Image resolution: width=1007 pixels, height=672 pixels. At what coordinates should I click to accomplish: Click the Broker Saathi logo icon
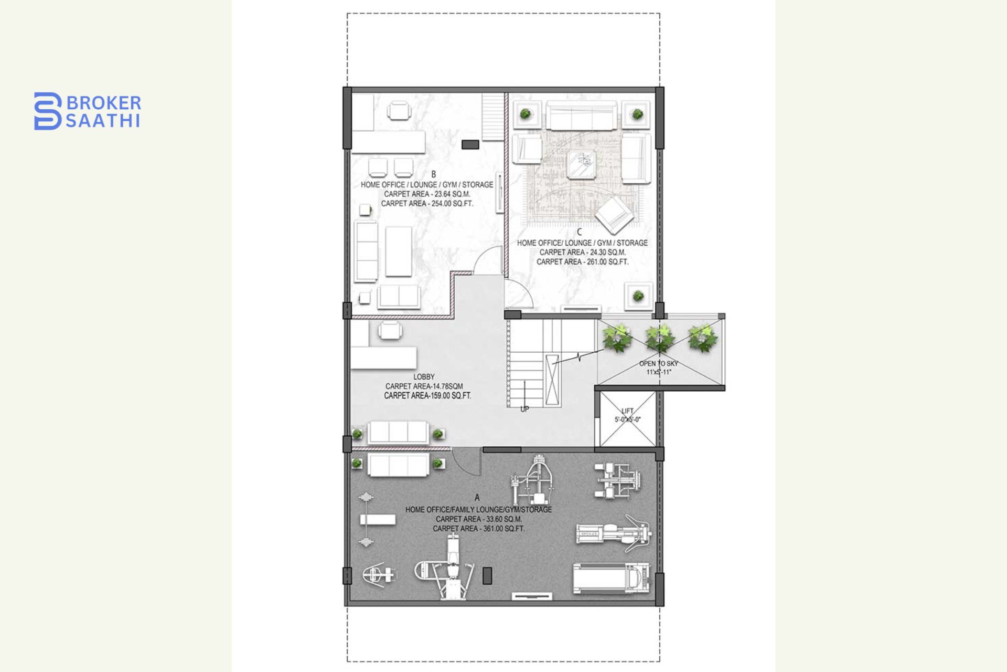48,111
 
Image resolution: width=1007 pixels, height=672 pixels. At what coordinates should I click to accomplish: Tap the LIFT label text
627,411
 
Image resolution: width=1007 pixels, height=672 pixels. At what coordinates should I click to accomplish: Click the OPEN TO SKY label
658,363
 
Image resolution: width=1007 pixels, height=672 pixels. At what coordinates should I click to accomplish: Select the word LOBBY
424,376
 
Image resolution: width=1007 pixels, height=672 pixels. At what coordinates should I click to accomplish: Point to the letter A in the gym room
477,497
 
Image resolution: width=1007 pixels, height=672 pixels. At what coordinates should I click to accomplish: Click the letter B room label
434,174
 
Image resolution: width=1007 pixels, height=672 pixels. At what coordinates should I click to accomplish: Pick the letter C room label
580,232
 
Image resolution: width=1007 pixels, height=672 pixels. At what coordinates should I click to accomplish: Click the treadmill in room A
611,579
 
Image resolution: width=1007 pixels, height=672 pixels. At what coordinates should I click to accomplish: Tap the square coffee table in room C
582,164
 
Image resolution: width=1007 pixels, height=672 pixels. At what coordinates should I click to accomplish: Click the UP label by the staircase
524,409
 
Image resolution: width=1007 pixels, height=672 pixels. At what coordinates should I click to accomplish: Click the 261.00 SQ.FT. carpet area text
607,261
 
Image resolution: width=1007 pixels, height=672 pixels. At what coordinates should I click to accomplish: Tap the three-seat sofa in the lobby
398,433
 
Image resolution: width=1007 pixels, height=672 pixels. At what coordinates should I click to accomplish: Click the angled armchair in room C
614,214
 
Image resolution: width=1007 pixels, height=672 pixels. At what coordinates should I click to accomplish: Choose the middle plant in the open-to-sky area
659,339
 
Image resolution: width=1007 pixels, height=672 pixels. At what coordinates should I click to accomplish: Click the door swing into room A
466,462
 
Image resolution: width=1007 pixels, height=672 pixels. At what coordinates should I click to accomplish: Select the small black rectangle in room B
469,144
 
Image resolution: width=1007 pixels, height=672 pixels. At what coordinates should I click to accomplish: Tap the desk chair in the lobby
390,331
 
